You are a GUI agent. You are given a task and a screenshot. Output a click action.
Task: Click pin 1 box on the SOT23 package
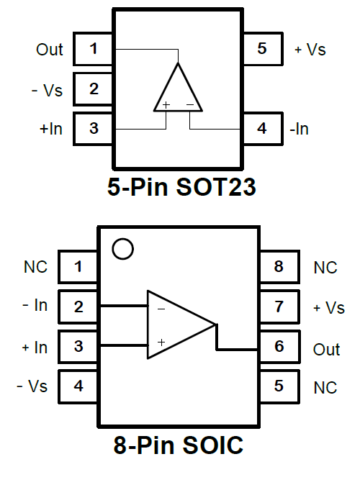[93, 49]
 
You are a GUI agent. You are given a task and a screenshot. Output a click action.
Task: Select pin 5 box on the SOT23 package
[263, 49]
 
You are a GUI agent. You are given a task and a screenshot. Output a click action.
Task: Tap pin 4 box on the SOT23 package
[263, 129]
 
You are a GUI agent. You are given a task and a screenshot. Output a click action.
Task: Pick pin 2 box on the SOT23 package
[93, 89]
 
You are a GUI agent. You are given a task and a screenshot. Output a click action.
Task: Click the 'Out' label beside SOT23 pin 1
[50, 50]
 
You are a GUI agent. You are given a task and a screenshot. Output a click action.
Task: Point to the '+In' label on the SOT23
[51, 129]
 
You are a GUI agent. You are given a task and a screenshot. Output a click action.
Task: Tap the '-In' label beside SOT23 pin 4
[300, 129]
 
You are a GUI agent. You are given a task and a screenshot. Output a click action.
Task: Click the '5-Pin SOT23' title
[181, 187]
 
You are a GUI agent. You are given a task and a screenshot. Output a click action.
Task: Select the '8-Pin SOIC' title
[179, 445]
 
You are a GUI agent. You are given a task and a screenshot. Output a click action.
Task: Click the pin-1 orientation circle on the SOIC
[122, 240]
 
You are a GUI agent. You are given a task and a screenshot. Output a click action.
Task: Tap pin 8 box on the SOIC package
[279, 267]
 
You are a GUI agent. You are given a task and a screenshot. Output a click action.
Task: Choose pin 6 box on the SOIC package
[279, 347]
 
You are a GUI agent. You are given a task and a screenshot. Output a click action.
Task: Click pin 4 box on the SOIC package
[78, 386]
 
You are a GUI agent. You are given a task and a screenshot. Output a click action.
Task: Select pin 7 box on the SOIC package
[279, 307]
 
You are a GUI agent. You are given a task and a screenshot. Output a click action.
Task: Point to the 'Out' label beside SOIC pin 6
[326, 350]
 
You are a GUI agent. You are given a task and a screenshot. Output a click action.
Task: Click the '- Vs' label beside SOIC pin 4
[32, 386]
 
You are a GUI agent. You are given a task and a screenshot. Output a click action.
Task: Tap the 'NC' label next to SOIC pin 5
[325, 388]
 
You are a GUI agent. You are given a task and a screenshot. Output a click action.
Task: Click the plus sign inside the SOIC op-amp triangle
[161, 342]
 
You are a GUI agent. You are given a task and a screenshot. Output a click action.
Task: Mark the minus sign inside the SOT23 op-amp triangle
[190, 104]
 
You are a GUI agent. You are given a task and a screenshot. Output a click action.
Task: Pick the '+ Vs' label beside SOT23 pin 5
[310, 50]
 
